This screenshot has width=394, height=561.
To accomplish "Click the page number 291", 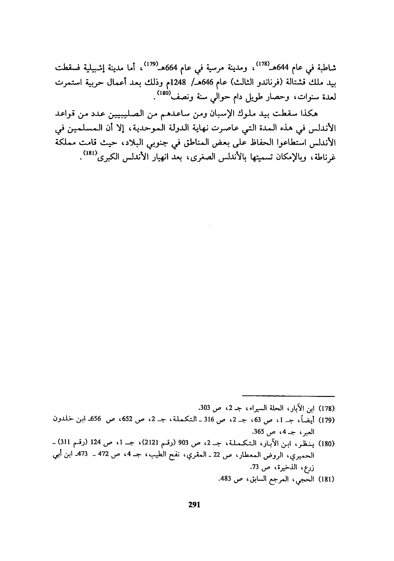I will pos(194,504).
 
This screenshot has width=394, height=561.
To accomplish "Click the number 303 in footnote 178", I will pos(204,410).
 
